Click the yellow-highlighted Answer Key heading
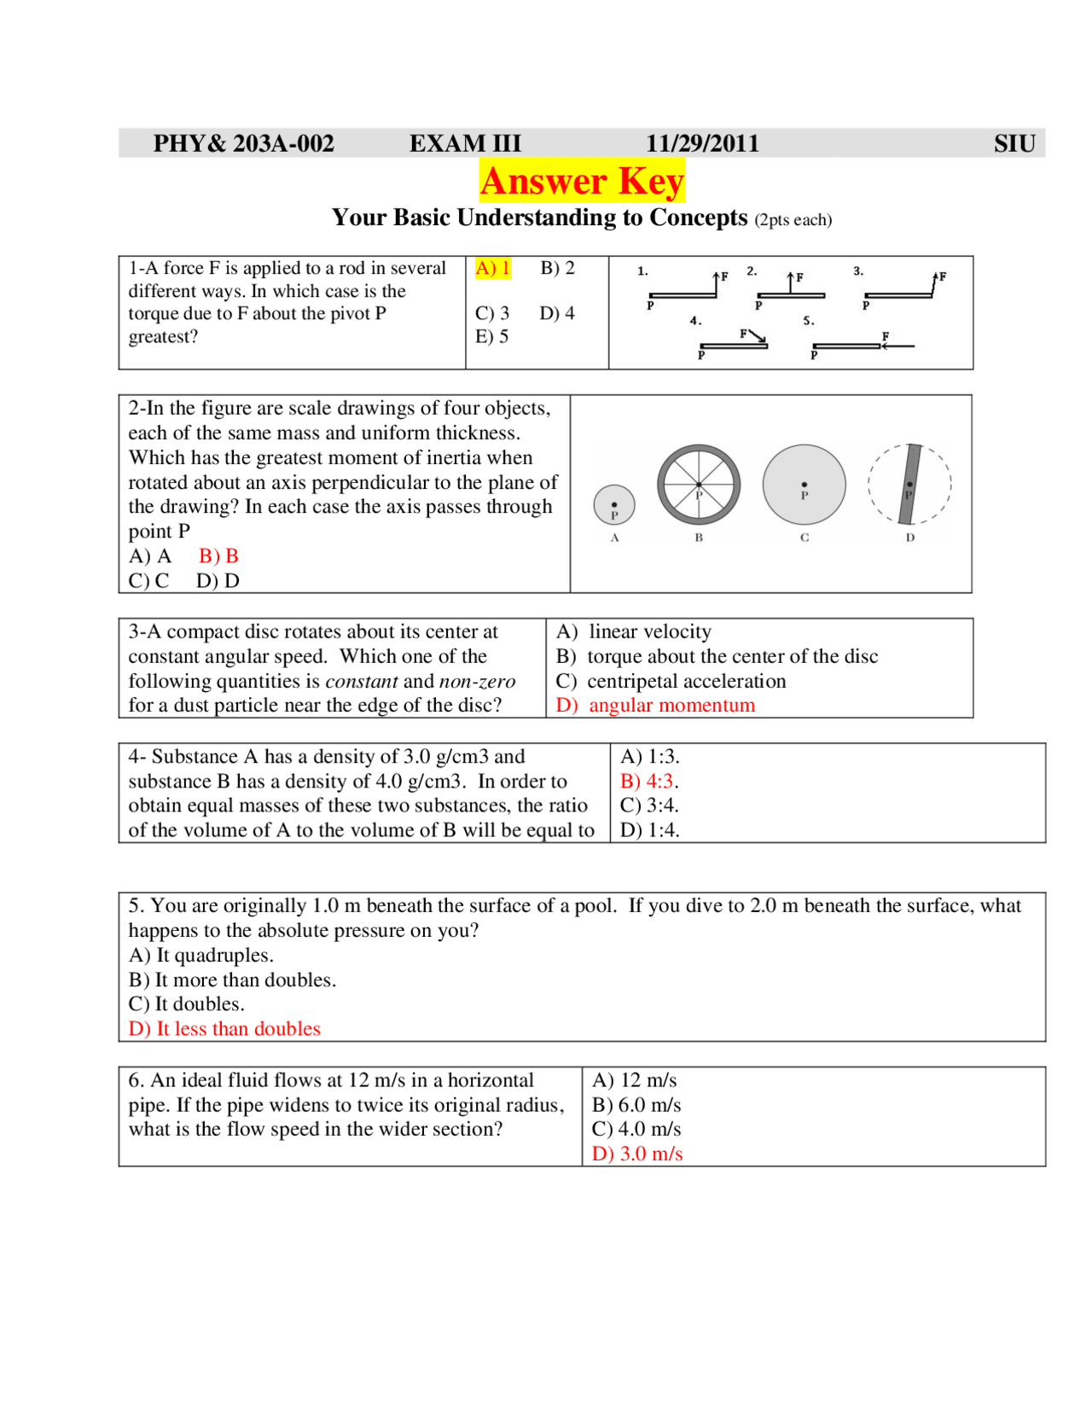581,181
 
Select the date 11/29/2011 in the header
701,143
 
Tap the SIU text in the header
1014,143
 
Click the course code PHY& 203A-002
243,143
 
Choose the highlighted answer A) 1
492,268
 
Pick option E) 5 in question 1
491,336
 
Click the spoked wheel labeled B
698,485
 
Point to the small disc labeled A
613,504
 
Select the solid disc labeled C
804,485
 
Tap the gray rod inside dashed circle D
910,484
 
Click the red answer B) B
218,556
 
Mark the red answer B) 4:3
648,781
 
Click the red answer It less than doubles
224,1029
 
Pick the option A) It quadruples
200,955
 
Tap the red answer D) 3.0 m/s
637,1154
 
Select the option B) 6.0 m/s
636,1105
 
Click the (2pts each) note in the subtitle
793,220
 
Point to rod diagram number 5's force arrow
897,346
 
